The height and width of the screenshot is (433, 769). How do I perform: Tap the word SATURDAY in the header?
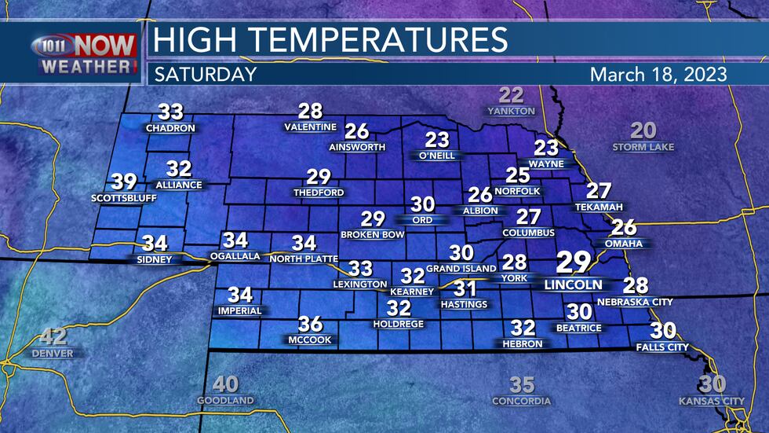pos(206,75)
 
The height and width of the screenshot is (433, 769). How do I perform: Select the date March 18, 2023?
pos(658,75)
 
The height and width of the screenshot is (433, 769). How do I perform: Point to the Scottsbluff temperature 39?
pos(124,182)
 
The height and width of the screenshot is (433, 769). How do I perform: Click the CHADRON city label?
pos(165,127)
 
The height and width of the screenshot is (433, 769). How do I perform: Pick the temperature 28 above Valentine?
pos(311,112)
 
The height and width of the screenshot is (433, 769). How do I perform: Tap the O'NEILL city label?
pos(437,156)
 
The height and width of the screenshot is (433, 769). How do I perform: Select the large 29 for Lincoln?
pos(570,263)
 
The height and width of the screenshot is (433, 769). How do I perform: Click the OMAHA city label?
pos(624,244)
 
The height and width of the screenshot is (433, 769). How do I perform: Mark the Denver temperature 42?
pos(53,338)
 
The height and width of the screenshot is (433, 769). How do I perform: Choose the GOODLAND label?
pos(226,401)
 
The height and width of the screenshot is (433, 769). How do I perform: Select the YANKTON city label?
pos(511,112)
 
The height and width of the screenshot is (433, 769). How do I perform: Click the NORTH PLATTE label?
pos(304,259)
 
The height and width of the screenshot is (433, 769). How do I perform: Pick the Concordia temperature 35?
pos(522,385)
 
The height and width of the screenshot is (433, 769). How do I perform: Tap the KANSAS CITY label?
pos(712,401)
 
